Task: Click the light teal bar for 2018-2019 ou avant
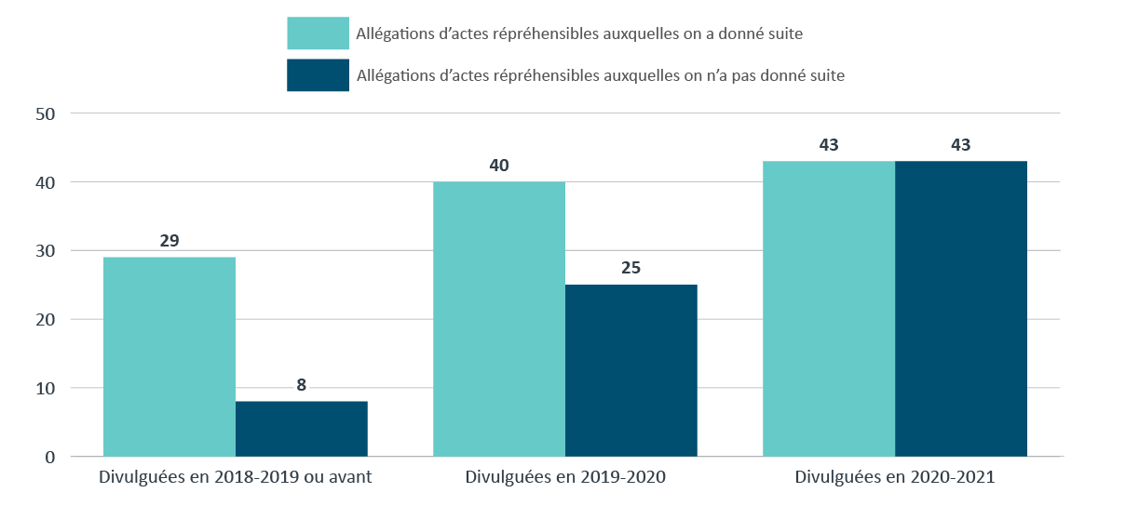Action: click(169, 356)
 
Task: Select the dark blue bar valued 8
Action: click(302, 428)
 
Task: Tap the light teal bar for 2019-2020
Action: click(499, 319)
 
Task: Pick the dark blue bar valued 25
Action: click(631, 370)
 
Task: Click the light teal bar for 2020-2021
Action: click(829, 309)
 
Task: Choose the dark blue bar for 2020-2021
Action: click(961, 309)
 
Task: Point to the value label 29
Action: click(169, 241)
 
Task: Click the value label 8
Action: click(302, 384)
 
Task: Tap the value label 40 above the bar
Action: click(499, 166)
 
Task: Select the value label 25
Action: click(631, 268)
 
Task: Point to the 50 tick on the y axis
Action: click(47, 114)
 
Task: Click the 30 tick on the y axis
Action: click(47, 251)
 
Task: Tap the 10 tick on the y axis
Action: click(47, 388)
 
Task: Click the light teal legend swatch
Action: click(318, 33)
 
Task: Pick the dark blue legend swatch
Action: click(318, 75)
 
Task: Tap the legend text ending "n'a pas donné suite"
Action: click(601, 76)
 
